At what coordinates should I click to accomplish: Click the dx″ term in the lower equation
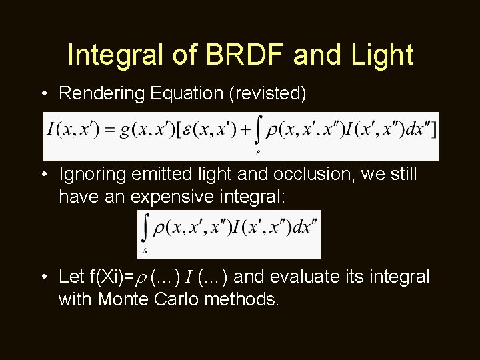(x=305, y=227)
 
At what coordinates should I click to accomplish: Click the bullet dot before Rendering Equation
(x=43, y=94)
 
